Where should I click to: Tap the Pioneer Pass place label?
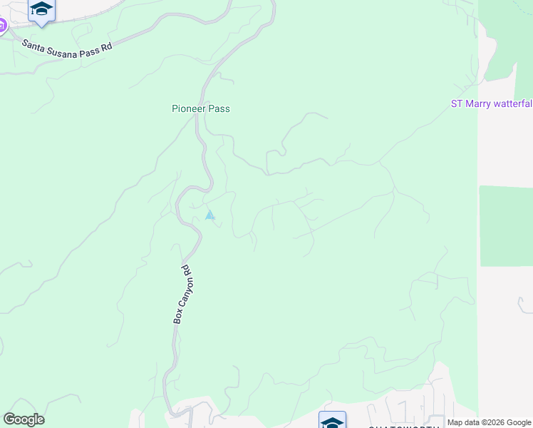pyautogui.click(x=201, y=109)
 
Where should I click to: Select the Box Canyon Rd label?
pyautogui.click(x=182, y=295)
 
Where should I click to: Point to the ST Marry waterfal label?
pyautogui.click(x=492, y=103)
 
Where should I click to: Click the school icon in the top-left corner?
pyautogui.click(x=41, y=10)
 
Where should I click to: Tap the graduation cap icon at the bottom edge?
pyautogui.click(x=332, y=421)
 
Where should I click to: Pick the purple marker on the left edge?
pyautogui.click(x=2, y=26)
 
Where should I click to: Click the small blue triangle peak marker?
pyautogui.click(x=209, y=215)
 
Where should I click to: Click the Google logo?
pyautogui.click(x=24, y=419)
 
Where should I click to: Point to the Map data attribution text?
pyautogui.click(x=490, y=422)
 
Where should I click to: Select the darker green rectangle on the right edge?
pyautogui.click(x=506, y=225)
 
